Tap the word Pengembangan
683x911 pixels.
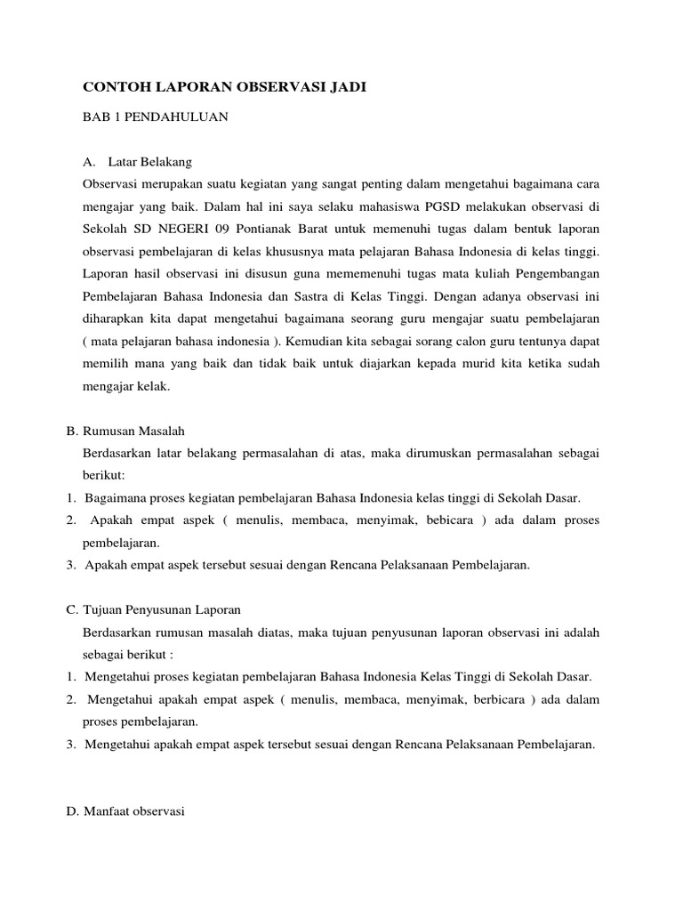click(557, 273)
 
